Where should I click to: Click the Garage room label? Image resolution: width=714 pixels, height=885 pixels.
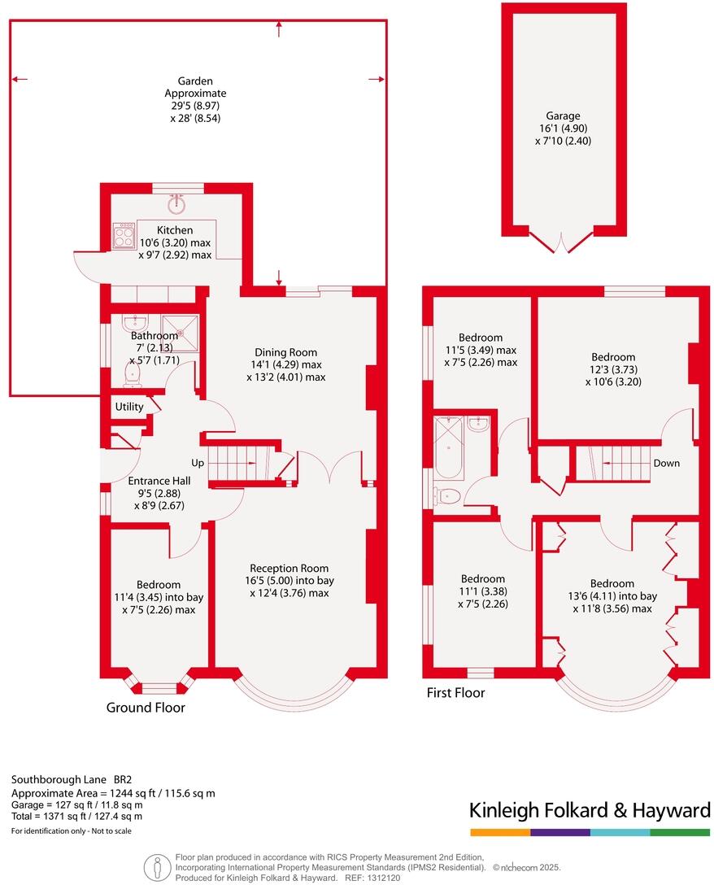(x=559, y=116)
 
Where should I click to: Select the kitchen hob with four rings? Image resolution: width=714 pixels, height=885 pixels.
(x=124, y=236)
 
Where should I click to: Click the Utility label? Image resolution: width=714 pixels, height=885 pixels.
(x=128, y=407)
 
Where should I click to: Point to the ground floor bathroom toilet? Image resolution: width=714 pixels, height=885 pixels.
(x=133, y=374)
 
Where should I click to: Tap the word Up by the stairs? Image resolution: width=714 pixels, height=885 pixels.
(x=198, y=463)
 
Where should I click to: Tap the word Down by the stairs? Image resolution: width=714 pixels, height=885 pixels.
(x=666, y=463)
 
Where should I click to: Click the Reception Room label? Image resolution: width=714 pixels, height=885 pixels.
(x=289, y=569)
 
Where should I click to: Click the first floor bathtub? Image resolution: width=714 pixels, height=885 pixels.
(x=449, y=447)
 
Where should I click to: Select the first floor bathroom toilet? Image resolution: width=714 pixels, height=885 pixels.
(x=447, y=495)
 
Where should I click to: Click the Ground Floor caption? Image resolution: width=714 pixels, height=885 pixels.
(x=146, y=708)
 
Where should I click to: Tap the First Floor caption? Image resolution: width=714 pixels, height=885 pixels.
(x=455, y=693)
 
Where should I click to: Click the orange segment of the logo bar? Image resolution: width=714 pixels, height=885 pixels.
(x=499, y=832)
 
